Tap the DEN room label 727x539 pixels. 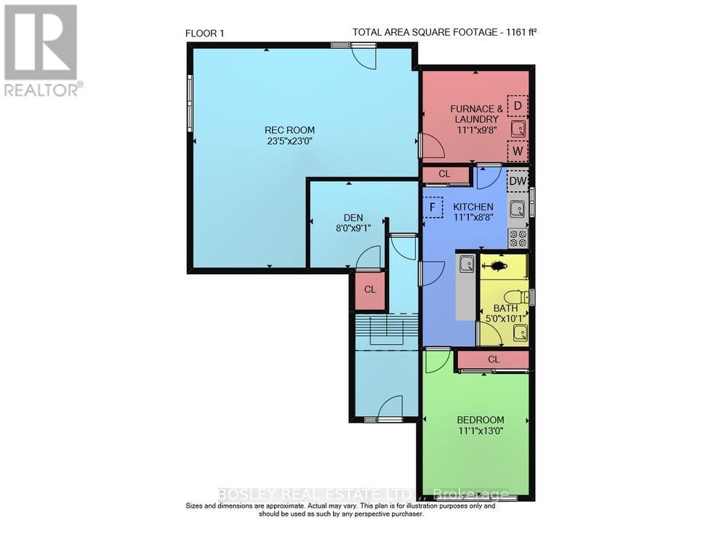tap(353, 217)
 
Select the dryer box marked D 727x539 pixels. tap(518, 106)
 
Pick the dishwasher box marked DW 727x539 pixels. tap(518, 181)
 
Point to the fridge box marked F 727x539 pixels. tap(433, 207)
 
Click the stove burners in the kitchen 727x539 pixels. tap(518, 238)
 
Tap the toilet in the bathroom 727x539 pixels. tap(514, 298)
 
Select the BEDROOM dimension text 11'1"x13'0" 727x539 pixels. tap(481, 431)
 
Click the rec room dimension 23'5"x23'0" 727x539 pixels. tap(289, 142)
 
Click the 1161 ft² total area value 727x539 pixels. tap(521, 32)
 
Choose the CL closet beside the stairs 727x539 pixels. tap(370, 290)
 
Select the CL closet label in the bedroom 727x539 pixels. tap(494, 359)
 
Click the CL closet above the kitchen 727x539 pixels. tap(444, 175)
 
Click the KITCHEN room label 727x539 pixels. tap(473, 207)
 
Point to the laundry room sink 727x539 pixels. tap(518, 129)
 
